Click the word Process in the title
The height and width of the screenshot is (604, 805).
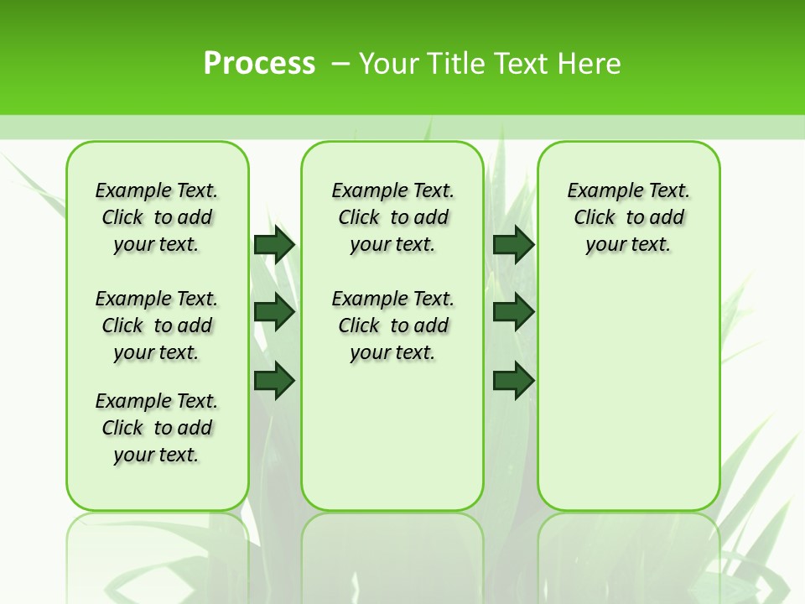coord(259,64)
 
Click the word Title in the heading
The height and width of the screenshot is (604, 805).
coord(456,64)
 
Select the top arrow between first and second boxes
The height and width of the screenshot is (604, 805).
coord(274,244)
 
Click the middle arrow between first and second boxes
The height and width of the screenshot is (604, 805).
coord(274,312)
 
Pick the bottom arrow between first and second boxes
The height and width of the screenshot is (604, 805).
coord(274,380)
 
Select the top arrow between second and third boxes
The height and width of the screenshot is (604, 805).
coord(513,244)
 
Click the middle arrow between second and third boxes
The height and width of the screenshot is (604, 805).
coord(513,312)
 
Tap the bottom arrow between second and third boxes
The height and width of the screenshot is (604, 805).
coord(513,380)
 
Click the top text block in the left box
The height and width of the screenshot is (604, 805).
coord(157,217)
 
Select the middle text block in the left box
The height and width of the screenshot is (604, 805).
coord(157,325)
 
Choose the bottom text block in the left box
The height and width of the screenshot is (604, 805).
coord(157,428)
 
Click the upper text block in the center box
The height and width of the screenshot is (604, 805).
coord(392,217)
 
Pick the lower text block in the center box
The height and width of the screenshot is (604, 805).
coord(392,325)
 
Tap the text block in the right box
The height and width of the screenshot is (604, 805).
coord(629,217)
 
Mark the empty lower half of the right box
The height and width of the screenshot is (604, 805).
coord(629,403)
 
